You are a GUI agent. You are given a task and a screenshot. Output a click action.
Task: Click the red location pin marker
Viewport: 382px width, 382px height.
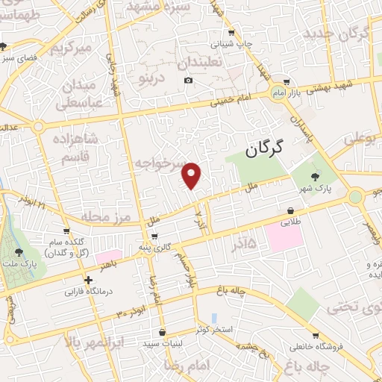(192, 175)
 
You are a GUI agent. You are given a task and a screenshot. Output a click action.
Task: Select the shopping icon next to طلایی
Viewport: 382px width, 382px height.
(289, 211)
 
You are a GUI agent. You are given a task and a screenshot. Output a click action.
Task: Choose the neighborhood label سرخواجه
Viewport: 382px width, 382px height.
(161, 162)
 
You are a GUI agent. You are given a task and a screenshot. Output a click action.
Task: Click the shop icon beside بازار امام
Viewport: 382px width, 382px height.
(286, 82)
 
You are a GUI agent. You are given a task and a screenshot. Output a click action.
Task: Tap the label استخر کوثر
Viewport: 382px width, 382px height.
(216, 329)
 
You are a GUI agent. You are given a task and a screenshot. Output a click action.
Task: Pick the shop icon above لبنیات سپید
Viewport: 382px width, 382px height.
(162, 332)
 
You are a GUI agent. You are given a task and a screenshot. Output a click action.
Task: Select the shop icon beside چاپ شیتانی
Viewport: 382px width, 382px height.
(231, 33)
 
